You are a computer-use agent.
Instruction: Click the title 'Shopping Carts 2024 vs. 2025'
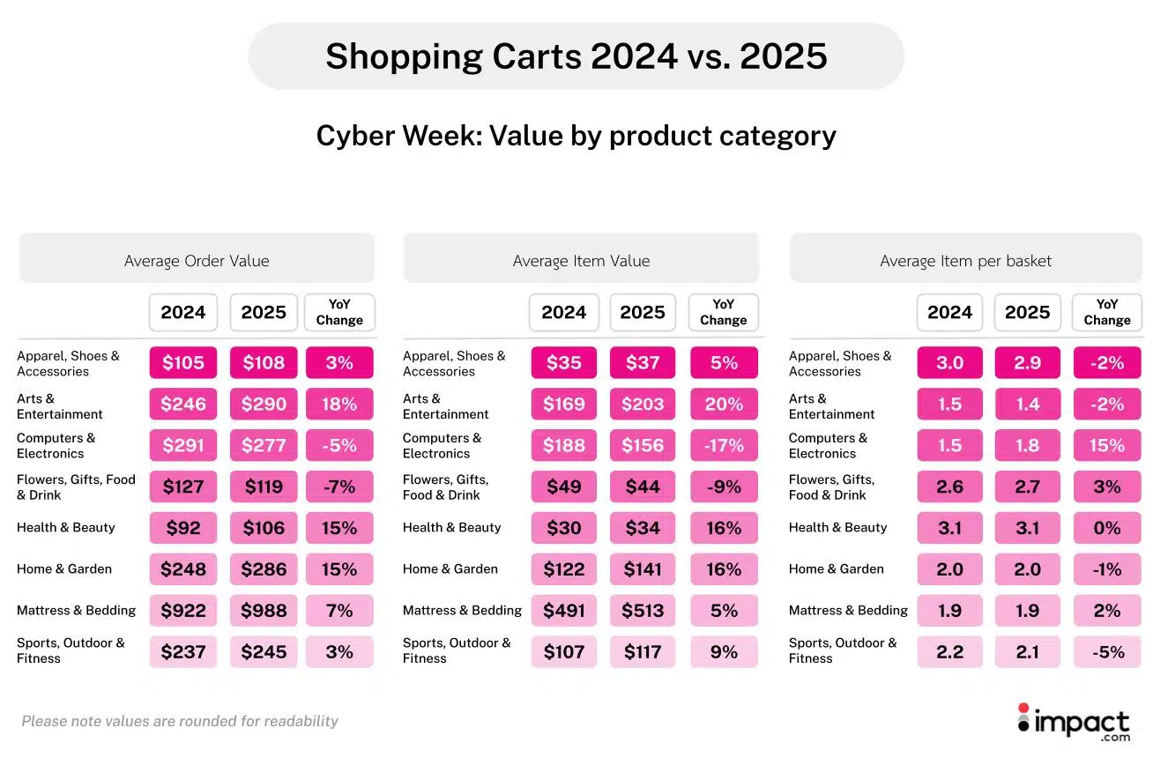coord(576,56)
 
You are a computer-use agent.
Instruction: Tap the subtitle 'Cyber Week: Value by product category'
coord(576,136)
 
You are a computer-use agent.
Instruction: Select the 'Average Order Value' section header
coord(197,261)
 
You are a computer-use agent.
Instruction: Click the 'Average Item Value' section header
coord(581,261)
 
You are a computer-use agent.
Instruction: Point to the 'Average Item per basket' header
coord(965,261)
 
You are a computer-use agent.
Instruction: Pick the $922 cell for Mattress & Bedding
coord(183,611)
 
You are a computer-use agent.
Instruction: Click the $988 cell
coord(264,611)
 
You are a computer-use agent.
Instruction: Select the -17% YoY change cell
coord(723,446)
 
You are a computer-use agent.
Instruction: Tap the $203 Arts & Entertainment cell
coord(643,405)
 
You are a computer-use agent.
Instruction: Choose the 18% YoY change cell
coord(339,405)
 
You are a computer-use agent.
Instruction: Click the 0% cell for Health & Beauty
coord(1106,528)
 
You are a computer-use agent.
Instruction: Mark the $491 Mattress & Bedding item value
coord(563,611)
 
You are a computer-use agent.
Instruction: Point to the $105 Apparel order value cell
coord(183,363)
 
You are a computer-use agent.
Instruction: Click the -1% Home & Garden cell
coord(1106,569)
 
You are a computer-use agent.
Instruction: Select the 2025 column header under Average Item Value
coord(643,313)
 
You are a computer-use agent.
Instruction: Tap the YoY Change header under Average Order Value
coord(339,313)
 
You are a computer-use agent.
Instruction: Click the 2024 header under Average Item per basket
coord(949,313)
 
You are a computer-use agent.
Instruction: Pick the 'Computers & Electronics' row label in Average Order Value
coord(56,446)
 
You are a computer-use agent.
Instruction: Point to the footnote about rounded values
coord(180,721)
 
